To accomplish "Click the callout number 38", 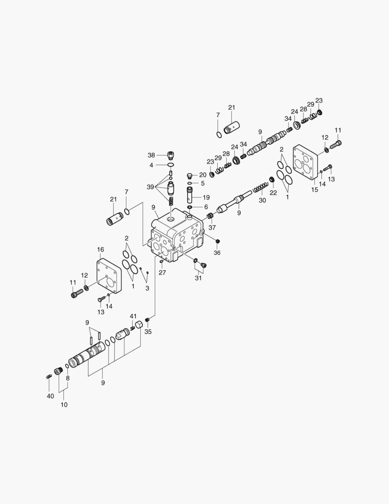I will [x=151, y=155].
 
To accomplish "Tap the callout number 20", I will [x=203, y=175].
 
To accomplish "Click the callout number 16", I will [x=100, y=250].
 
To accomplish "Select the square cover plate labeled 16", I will [x=109, y=276].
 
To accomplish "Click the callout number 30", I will [x=262, y=200].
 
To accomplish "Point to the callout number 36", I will [x=217, y=252].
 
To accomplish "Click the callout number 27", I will [x=162, y=273].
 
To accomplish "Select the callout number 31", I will [x=199, y=278].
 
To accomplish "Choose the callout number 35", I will [x=148, y=332].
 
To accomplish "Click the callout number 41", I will [x=133, y=316].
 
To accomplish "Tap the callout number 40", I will [x=50, y=396].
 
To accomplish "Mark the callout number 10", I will [x=64, y=405].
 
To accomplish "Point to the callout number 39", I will [x=150, y=187].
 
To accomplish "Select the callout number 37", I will [x=212, y=228].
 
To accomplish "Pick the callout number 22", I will [x=273, y=192].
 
